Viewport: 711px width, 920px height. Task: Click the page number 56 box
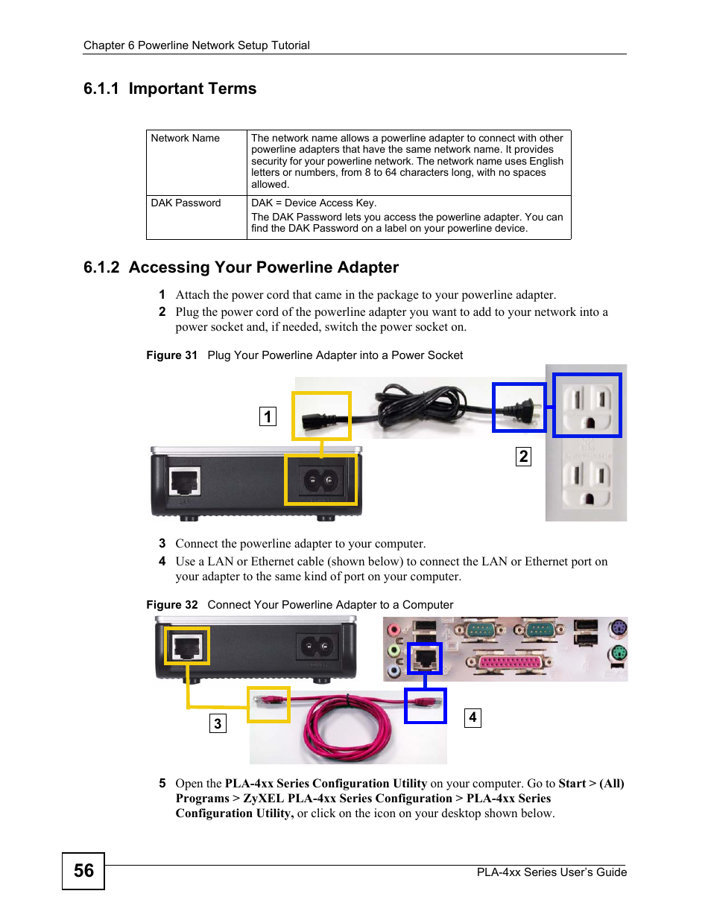(83, 871)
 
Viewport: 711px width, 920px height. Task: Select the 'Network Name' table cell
(186, 139)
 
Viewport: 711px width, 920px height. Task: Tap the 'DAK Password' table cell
(186, 203)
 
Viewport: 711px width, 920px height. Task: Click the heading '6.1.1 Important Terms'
(170, 89)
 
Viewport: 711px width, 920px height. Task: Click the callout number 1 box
(268, 416)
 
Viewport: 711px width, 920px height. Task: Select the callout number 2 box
(523, 457)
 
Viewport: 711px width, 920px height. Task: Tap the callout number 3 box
(218, 723)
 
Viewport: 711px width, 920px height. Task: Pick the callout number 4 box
(473, 717)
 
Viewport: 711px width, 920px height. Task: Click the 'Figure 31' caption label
(171, 355)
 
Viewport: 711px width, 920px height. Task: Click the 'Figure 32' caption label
(171, 605)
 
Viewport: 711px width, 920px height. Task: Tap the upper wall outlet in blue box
(587, 405)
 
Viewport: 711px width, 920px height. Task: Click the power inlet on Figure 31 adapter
(320, 481)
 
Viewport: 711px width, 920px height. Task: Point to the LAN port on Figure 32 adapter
(186, 646)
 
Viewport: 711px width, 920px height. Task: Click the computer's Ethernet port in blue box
(425, 659)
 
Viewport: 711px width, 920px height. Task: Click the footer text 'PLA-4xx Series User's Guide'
(552, 872)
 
